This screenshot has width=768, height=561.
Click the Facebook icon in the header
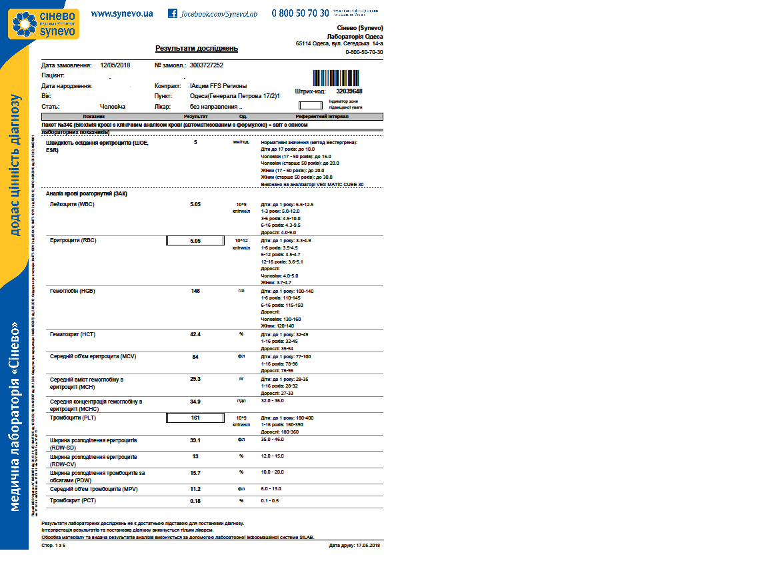click(x=173, y=13)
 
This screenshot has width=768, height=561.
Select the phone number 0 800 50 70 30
click(x=300, y=13)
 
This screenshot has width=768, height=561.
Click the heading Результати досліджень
click(x=197, y=49)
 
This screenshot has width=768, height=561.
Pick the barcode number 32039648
click(x=349, y=91)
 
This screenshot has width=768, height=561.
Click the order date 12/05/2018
click(x=115, y=65)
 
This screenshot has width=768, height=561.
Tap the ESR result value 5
click(x=195, y=142)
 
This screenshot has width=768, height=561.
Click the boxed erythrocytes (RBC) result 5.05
click(x=195, y=241)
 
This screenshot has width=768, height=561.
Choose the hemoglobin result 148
click(x=195, y=291)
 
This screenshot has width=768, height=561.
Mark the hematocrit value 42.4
click(x=195, y=334)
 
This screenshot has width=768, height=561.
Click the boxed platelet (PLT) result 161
click(x=195, y=418)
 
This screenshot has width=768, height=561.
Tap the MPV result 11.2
click(x=195, y=489)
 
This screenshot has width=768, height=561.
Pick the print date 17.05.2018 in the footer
click(x=355, y=545)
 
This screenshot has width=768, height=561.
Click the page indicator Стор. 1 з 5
click(x=53, y=545)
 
